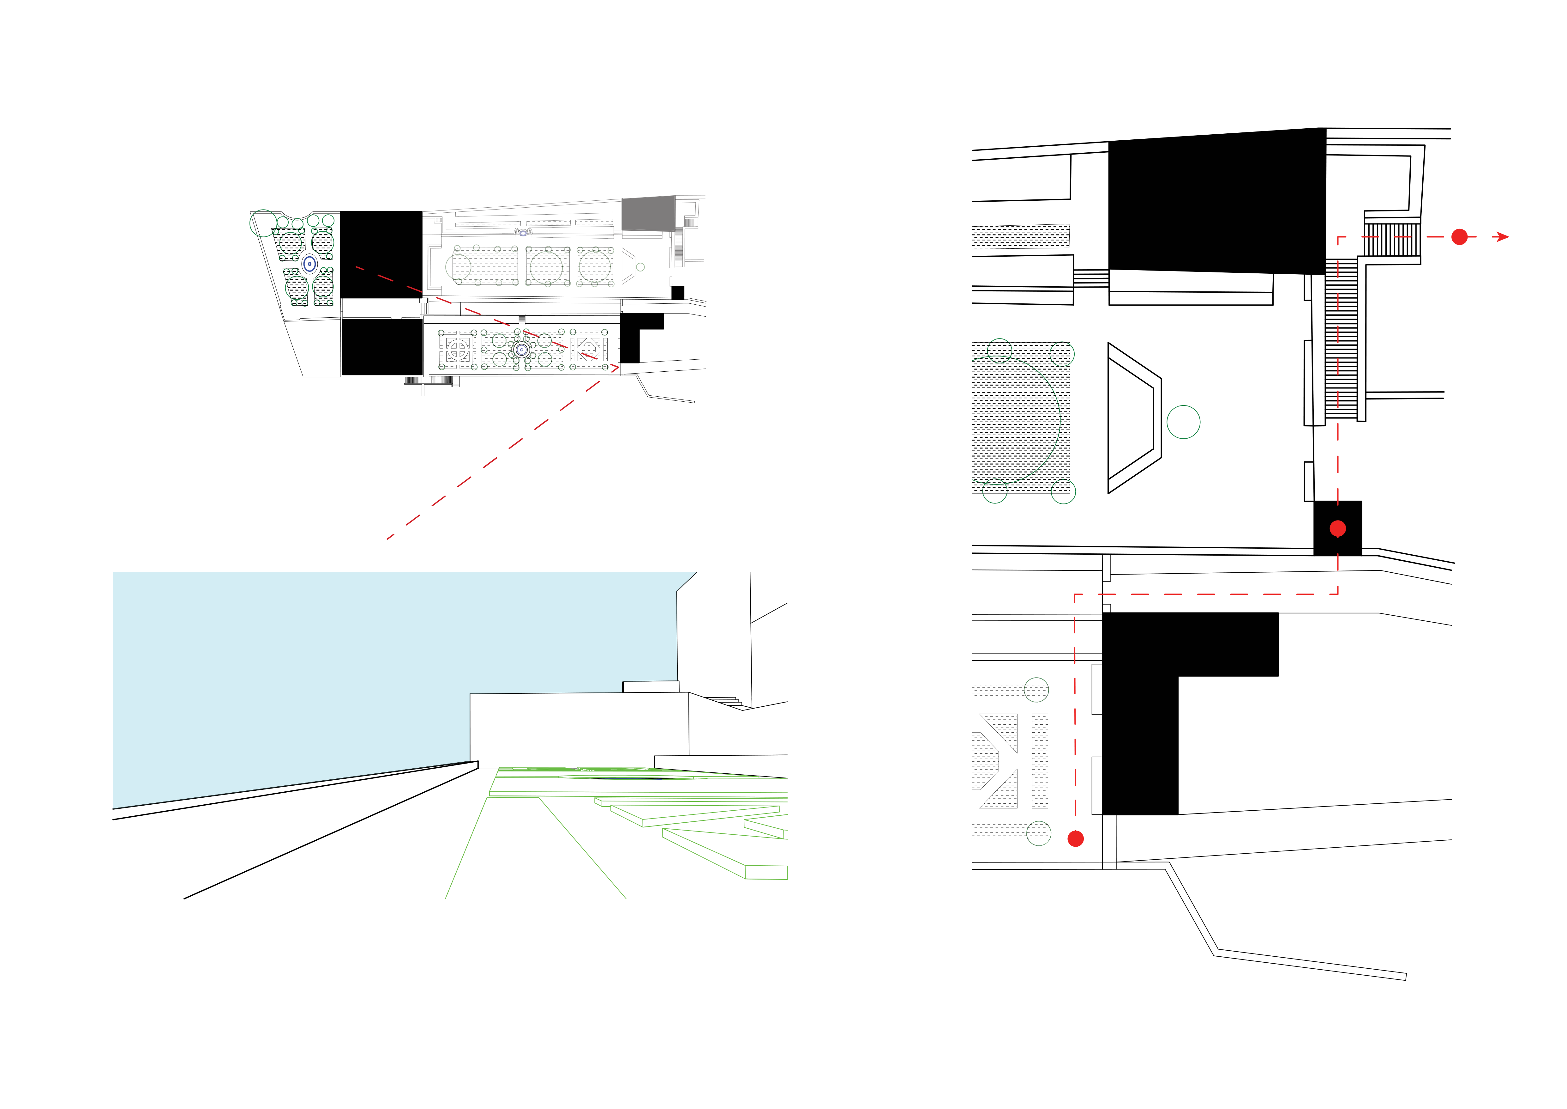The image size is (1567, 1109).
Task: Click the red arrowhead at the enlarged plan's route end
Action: pyautogui.click(x=1502, y=237)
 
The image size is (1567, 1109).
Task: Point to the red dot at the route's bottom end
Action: pyautogui.click(x=1076, y=838)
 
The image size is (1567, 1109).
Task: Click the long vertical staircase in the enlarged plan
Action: pyautogui.click(x=1341, y=339)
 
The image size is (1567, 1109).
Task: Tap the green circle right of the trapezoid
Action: pyautogui.click(x=1183, y=422)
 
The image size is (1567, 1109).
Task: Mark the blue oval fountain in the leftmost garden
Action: pyautogui.click(x=309, y=264)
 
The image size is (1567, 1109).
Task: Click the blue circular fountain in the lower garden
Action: pyautogui.click(x=521, y=350)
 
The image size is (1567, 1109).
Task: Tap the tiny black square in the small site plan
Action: pyautogui.click(x=678, y=293)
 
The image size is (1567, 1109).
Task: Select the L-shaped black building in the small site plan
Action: pyautogui.click(x=631, y=335)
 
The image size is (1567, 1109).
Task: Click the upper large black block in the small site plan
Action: pyautogui.click(x=381, y=254)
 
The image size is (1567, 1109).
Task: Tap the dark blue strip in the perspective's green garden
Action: pyautogui.click(x=628, y=777)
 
